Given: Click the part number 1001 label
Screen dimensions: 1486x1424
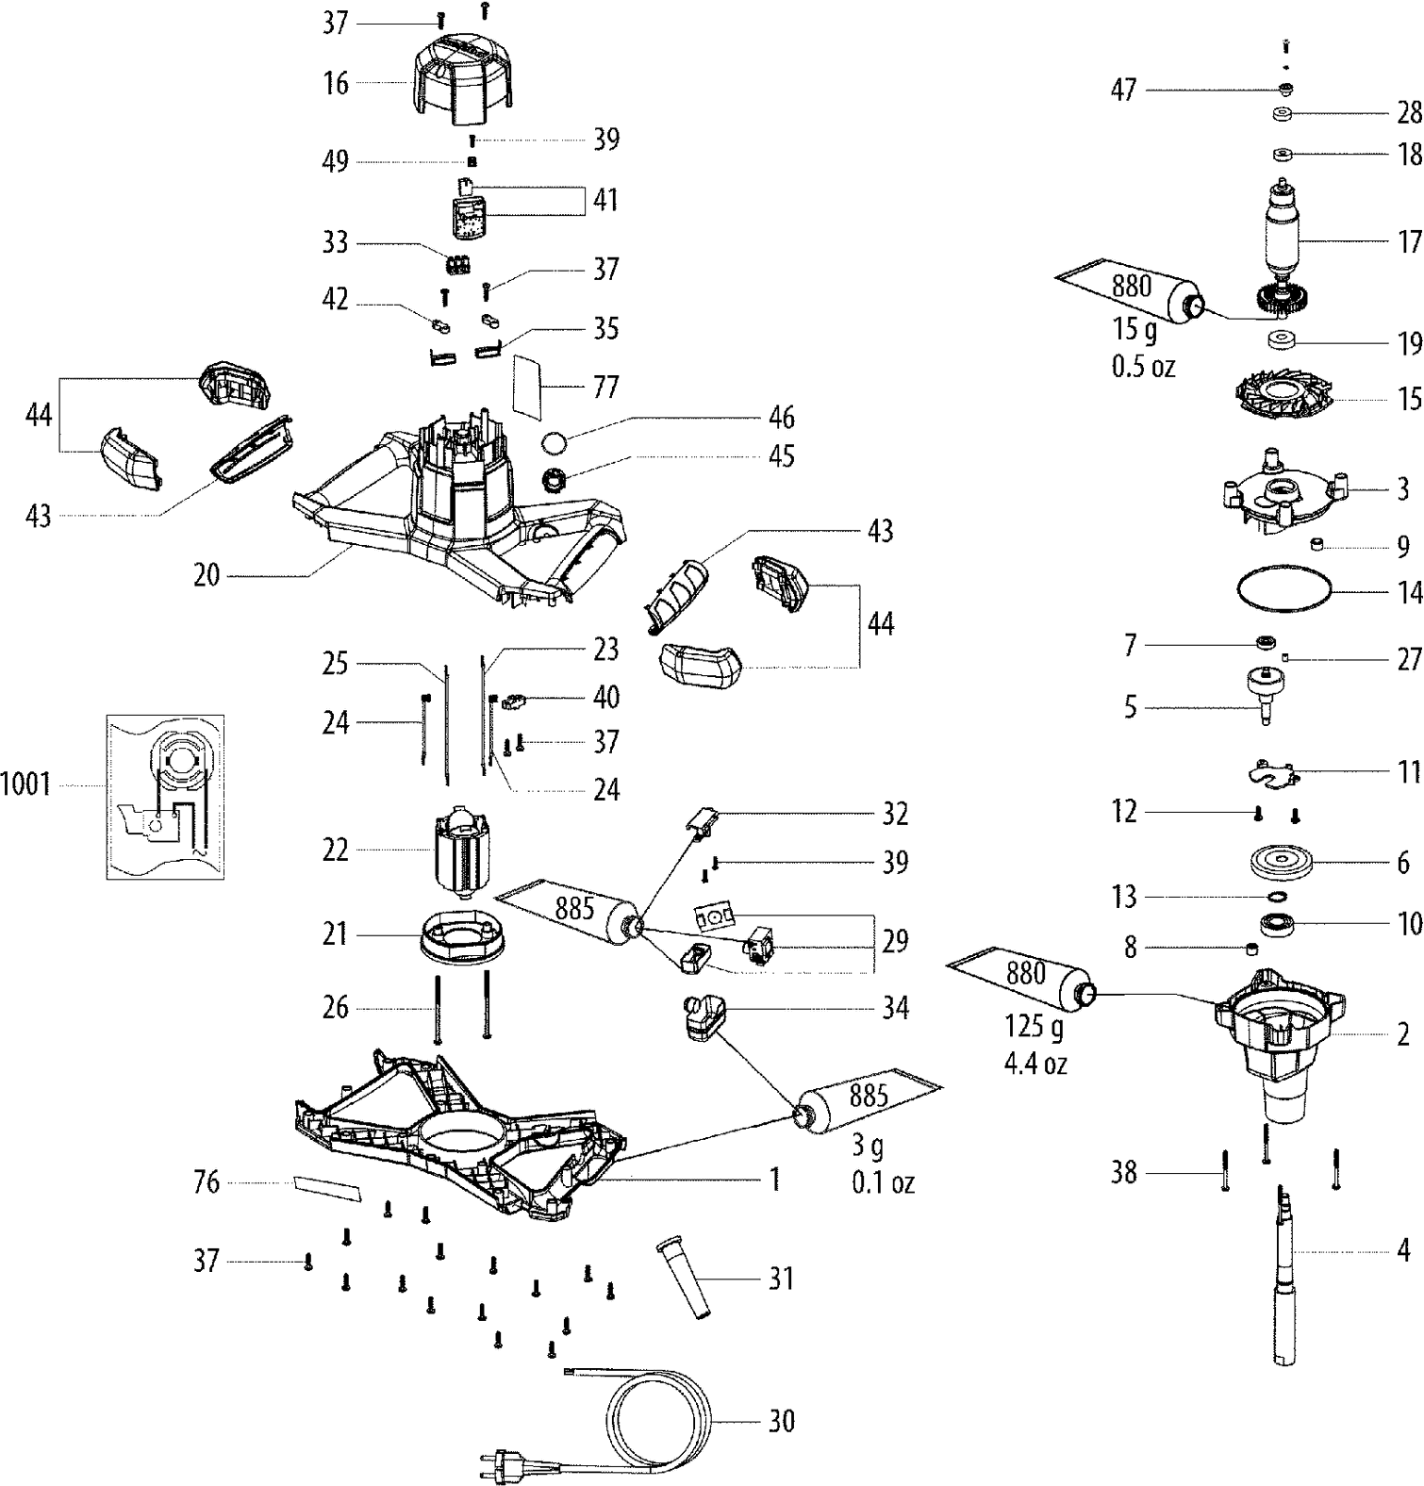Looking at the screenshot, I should pos(25,784).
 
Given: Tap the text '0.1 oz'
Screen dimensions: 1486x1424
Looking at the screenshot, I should pos(883,1182).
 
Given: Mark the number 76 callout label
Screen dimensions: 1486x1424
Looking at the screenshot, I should pos(206,1182).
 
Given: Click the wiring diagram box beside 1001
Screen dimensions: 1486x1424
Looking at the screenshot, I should pos(165,797).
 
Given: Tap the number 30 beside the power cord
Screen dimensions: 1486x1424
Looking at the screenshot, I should pos(781,1420).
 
